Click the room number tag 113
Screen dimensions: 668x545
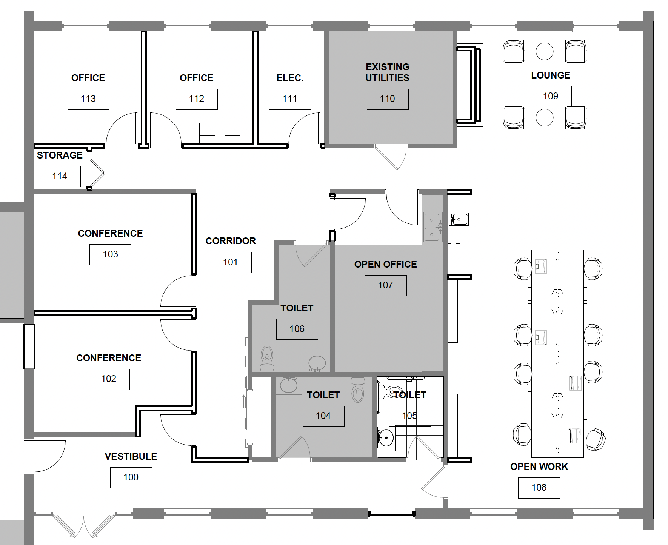pos(88,99)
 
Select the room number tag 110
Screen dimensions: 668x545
pos(388,99)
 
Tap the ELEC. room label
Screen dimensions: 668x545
pos(290,78)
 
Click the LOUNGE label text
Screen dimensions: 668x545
pos(551,75)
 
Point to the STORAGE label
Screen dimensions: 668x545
pos(60,155)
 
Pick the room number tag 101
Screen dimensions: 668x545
pos(231,262)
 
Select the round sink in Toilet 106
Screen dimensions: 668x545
pos(317,363)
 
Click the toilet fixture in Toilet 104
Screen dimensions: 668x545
pos(357,390)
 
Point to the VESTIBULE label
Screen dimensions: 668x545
pos(131,457)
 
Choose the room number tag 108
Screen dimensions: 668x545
pos(539,488)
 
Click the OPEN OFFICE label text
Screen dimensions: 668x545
pos(386,265)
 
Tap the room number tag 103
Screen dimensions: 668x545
pos(110,255)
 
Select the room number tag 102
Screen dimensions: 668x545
pos(109,379)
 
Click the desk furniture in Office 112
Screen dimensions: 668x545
pos(220,133)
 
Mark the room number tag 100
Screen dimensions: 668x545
pos(131,478)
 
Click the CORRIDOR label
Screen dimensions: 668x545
pos(231,241)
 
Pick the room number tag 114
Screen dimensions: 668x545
pos(60,177)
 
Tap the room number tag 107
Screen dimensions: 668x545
pos(386,286)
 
